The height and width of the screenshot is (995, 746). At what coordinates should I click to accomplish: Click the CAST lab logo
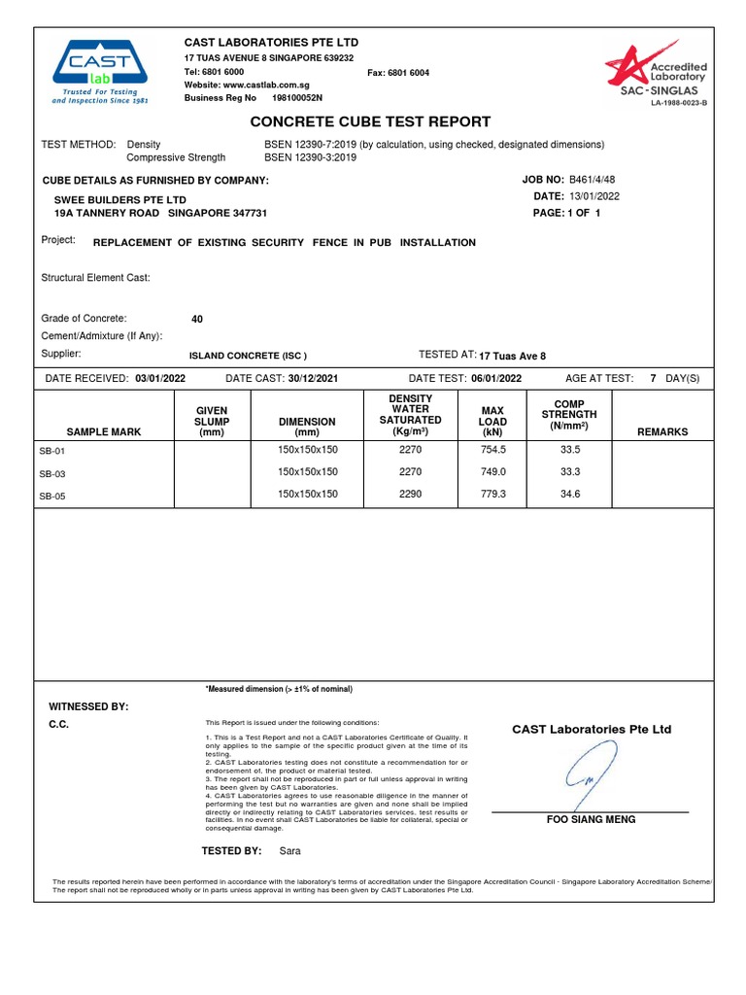[100, 71]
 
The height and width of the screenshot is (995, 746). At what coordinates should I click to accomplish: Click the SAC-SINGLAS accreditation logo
[656, 73]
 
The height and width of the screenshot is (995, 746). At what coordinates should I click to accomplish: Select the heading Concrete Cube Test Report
[370, 121]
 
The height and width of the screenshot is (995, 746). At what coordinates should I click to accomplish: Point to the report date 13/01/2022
[594, 196]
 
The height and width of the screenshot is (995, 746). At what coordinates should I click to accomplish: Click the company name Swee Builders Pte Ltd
[120, 199]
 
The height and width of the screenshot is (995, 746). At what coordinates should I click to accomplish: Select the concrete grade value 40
[198, 319]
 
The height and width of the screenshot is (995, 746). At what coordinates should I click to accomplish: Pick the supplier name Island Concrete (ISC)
[248, 356]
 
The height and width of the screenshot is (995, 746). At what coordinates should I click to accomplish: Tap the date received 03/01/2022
[160, 378]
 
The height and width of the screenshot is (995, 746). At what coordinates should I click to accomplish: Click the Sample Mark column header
[104, 431]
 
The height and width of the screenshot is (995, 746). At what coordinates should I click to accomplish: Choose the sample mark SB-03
[52, 474]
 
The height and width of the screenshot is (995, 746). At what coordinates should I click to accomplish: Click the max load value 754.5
[494, 450]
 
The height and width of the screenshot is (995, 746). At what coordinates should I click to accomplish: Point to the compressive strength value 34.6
[570, 495]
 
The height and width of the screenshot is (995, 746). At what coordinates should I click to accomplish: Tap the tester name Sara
[290, 851]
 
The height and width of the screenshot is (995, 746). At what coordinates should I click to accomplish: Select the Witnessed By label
[88, 706]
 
